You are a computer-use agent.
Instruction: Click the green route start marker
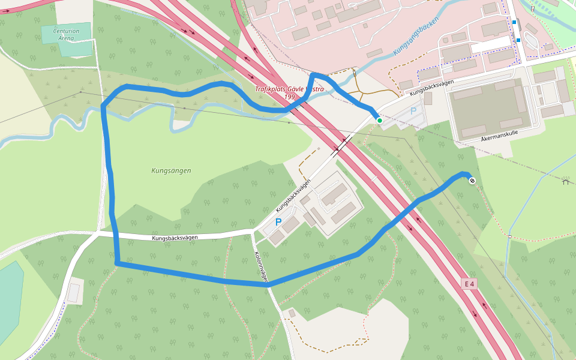click(x=379, y=121)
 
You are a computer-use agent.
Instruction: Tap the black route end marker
click(x=472, y=181)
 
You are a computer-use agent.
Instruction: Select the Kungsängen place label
click(x=171, y=170)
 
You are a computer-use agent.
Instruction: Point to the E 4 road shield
click(x=469, y=283)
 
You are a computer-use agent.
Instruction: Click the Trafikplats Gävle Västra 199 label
click(x=289, y=93)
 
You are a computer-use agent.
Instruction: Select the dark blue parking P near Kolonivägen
click(x=278, y=222)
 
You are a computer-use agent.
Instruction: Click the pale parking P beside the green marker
click(x=413, y=111)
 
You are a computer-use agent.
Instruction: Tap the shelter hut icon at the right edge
click(x=565, y=181)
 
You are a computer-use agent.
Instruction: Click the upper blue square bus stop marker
click(x=514, y=22)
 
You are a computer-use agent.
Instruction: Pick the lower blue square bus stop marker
click(x=518, y=40)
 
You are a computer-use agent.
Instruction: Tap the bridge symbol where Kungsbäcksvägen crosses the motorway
click(x=341, y=145)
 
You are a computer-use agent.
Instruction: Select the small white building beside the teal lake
click(x=73, y=293)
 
